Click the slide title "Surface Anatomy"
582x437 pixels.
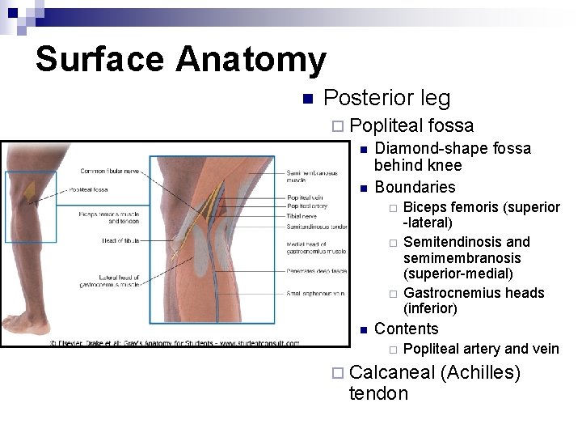tap(180, 60)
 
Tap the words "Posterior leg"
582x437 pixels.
tap(386, 99)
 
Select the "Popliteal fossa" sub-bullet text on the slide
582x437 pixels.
tap(412, 125)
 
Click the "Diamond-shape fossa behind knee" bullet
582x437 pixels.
tap(453, 157)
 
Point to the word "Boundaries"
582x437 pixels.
tap(415, 188)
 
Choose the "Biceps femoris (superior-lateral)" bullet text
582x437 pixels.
tap(482, 214)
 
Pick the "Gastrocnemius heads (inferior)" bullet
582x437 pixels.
tap(474, 300)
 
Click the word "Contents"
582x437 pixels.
tap(406, 329)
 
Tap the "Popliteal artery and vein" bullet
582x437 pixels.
tap(481, 349)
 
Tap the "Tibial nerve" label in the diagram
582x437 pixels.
tap(302, 216)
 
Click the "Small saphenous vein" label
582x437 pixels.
tap(316, 293)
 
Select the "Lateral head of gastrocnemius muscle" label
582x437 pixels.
tap(109, 280)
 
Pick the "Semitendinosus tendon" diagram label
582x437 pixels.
tap(316, 227)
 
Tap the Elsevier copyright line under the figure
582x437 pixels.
tap(175, 343)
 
